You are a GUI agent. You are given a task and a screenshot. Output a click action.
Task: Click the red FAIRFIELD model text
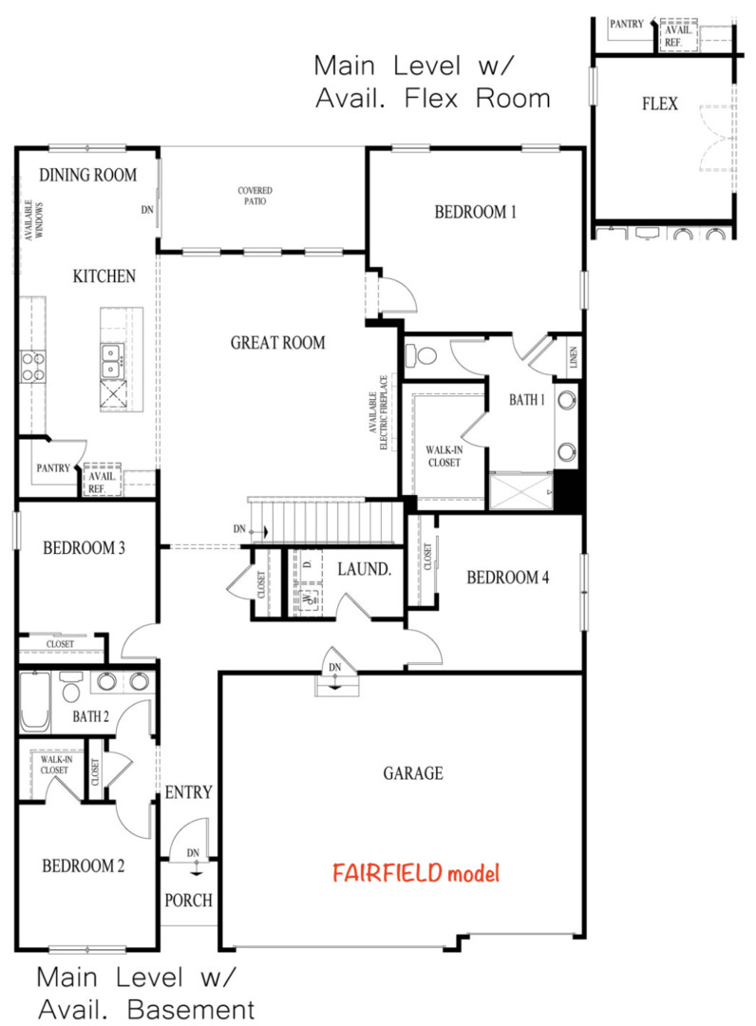[x=415, y=873]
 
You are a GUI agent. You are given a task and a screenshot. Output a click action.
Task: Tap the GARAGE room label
[x=413, y=773]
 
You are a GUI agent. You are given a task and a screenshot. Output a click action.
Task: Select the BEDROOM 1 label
[x=475, y=212]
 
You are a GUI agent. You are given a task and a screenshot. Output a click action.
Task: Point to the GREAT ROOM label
[x=277, y=343]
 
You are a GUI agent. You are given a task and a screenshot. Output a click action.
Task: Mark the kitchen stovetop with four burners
[x=33, y=366]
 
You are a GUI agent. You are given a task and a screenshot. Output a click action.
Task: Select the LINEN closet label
[x=576, y=358]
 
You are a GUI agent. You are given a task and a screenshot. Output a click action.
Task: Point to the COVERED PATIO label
[x=254, y=196]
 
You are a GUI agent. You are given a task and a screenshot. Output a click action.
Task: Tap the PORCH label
[x=188, y=900]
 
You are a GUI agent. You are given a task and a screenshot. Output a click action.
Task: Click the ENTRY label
[x=188, y=792]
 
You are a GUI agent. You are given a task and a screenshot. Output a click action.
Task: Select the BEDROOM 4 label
[x=508, y=577]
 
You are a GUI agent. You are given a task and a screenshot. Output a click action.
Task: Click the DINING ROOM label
[x=87, y=175]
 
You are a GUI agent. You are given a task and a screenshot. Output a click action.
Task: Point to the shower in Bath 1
[x=520, y=491]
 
